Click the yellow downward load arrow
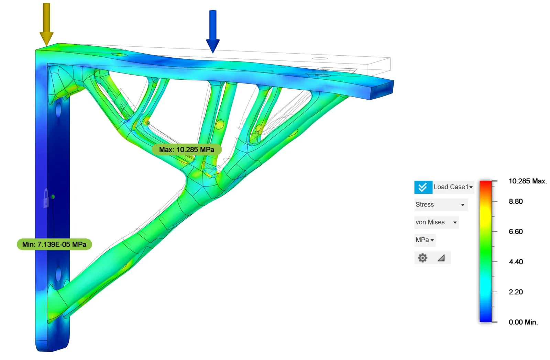pos(46,24)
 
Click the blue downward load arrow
pos(213,31)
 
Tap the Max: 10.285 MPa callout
pos(187,149)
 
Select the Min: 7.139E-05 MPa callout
pos(54,245)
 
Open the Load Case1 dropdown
pos(453,187)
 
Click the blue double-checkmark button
pos(423,187)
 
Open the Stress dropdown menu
pos(441,205)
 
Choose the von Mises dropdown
pos(437,222)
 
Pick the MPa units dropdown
pos(425,240)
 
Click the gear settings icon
pos(422,258)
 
